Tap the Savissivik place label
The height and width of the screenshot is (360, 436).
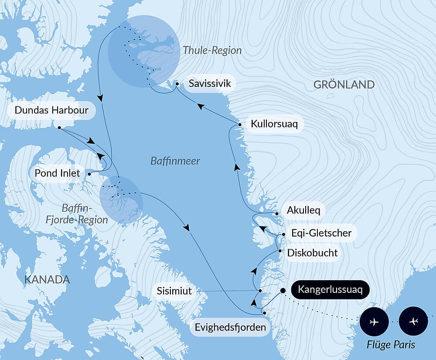210,83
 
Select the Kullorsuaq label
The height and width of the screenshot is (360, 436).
274,124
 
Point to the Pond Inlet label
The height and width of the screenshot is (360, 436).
57,173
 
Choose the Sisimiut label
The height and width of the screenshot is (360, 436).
174,291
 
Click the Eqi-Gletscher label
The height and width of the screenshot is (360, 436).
321,233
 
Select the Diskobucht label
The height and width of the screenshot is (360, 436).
312,253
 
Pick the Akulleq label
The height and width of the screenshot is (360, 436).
303,210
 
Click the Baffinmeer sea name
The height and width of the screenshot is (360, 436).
175,161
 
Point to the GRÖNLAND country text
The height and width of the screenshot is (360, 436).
344,85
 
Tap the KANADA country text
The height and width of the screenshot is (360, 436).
47,279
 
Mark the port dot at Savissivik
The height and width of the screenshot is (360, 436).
177,83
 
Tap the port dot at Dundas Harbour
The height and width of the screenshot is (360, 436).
59,128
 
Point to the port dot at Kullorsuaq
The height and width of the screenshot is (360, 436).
240,125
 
